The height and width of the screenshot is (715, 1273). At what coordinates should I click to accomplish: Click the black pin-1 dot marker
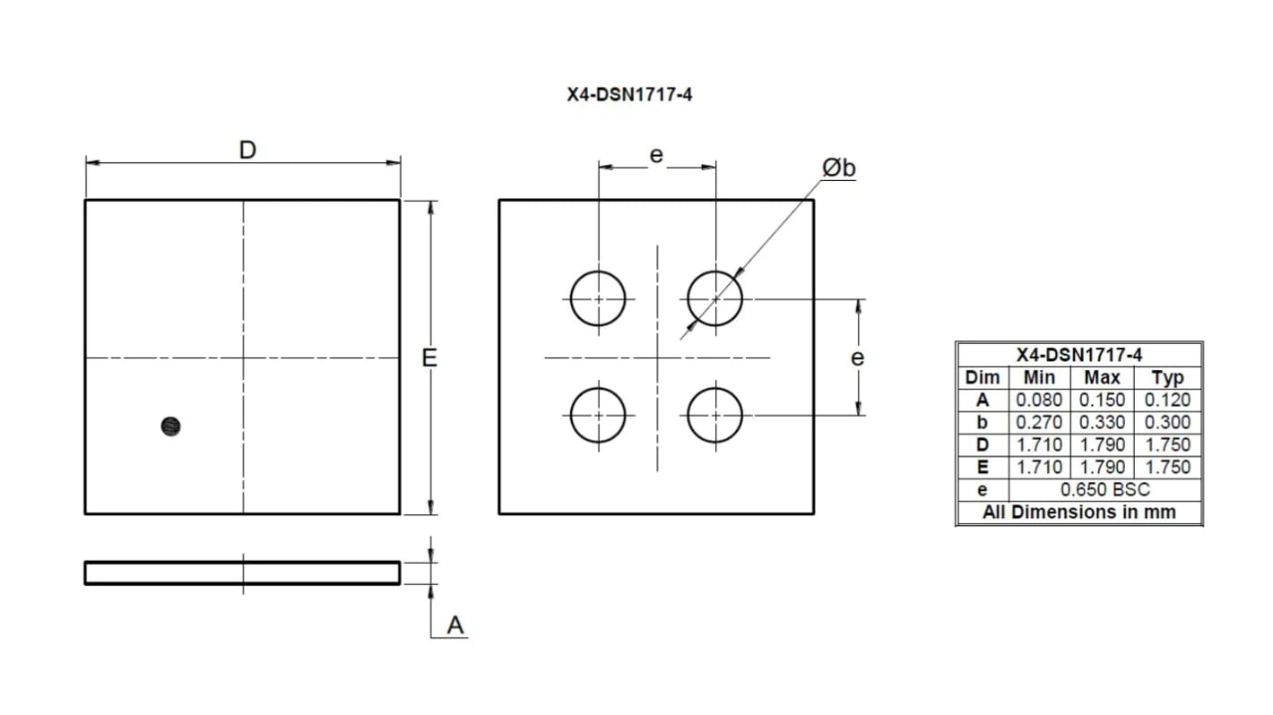click(x=170, y=426)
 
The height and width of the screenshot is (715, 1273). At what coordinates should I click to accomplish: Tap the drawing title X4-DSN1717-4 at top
click(x=629, y=95)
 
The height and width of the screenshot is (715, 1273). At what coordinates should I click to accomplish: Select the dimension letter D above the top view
click(x=247, y=150)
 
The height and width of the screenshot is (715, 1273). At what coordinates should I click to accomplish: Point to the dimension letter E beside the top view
click(x=430, y=357)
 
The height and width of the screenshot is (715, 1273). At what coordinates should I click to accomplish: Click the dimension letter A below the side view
click(x=455, y=625)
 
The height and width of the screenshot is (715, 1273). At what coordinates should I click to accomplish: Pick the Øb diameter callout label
click(x=838, y=168)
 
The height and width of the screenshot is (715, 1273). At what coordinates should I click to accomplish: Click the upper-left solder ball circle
click(x=598, y=298)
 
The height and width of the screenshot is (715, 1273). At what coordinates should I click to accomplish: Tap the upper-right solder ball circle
click(x=715, y=298)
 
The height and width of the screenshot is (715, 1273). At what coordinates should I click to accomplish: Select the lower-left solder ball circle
click(x=598, y=415)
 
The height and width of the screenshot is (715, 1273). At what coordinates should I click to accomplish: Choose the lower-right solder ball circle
click(x=715, y=415)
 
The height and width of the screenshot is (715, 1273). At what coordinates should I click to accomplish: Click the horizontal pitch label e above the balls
click(x=656, y=155)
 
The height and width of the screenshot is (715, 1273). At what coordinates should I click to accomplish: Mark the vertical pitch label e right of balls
click(x=858, y=357)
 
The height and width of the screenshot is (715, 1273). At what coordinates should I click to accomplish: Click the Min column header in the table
click(x=1039, y=378)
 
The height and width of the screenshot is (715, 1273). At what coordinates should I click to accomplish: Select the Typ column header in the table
click(x=1167, y=378)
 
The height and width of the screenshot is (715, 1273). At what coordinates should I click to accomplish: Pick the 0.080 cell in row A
click(x=1039, y=401)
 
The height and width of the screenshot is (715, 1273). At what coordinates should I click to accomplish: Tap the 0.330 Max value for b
click(x=1102, y=423)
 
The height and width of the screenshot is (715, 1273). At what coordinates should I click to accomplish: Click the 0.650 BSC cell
click(x=1104, y=490)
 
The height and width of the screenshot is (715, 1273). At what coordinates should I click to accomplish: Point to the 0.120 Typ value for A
click(x=1167, y=401)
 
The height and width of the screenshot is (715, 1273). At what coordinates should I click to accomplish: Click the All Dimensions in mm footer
click(x=1078, y=513)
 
